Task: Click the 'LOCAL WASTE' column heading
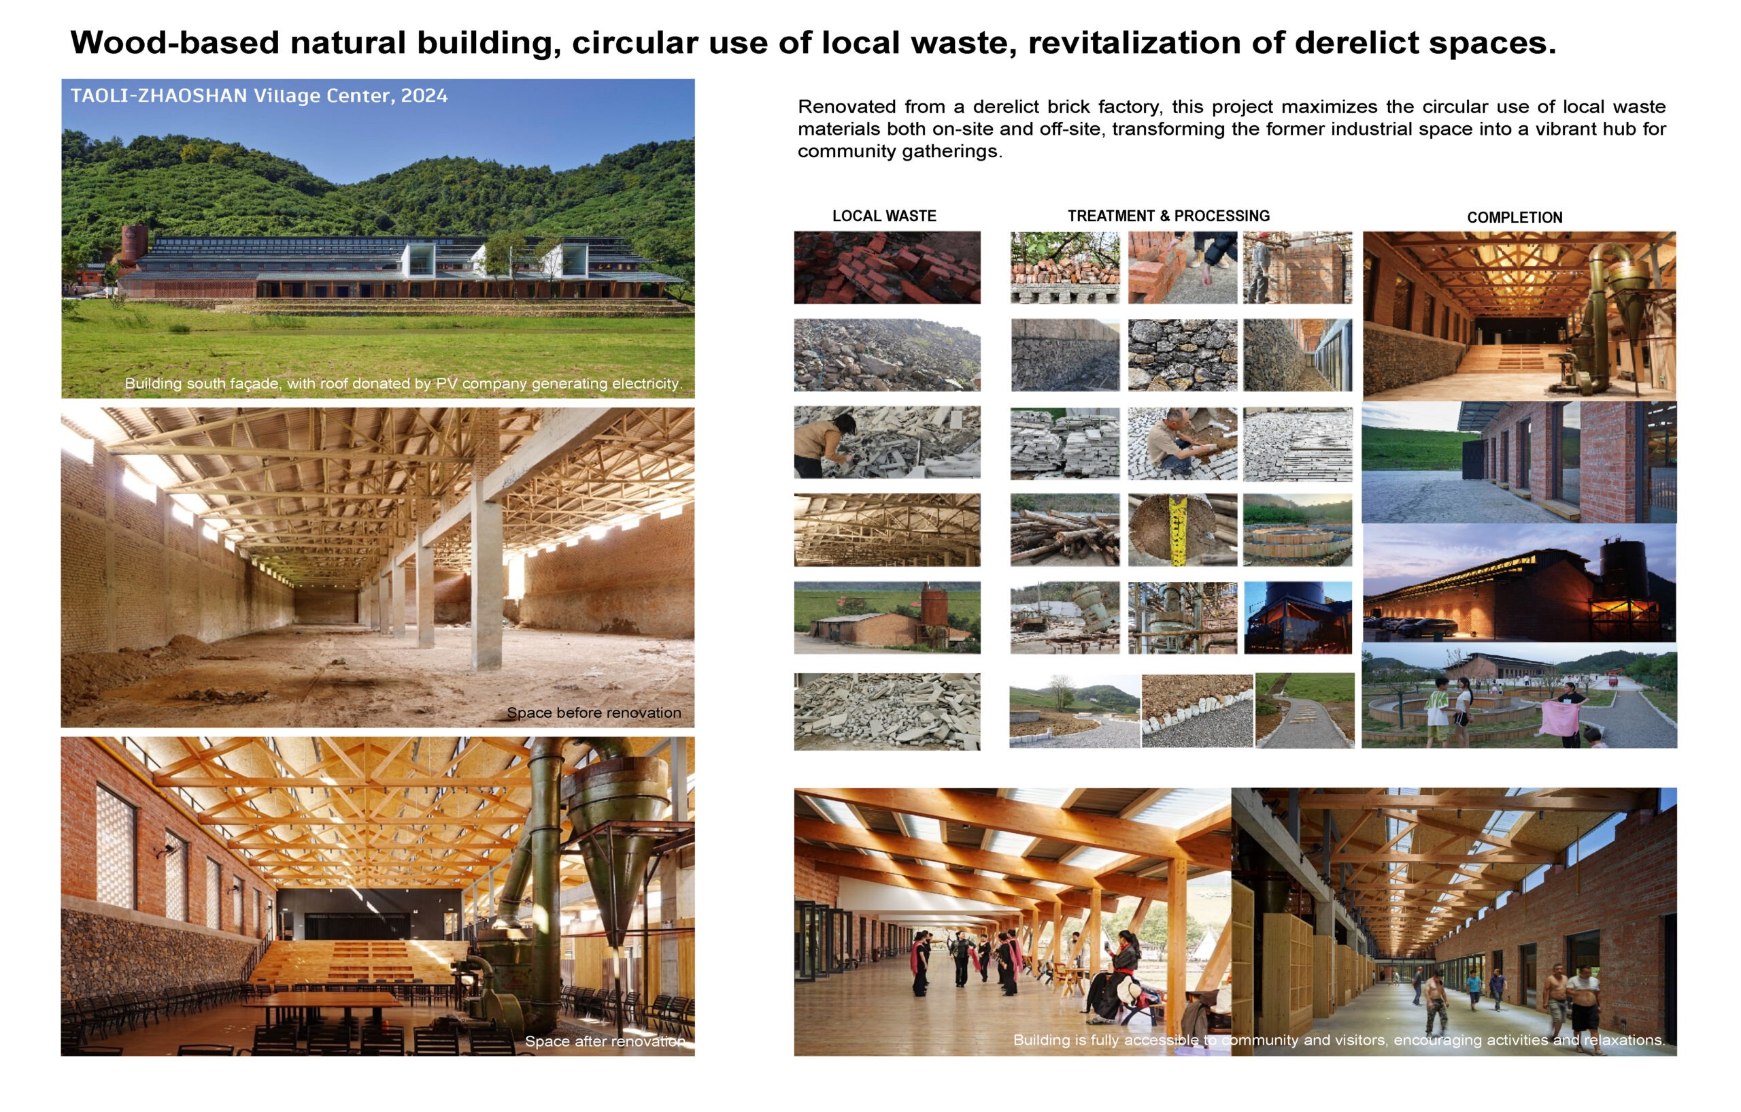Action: pyautogui.click(x=883, y=216)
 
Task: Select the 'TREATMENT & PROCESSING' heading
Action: pyautogui.click(x=1168, y=216)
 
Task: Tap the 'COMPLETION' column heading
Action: pyautogui.click(x=1515, y=217)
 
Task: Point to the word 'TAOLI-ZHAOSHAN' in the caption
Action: pyautogui.click(x=159, y=95)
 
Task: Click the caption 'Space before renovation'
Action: pyautogui.click(x=594, y=713)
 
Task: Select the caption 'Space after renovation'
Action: pyautogui.click(x=605, y=1041)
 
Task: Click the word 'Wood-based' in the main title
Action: pyautogui.click(x=174, y=43)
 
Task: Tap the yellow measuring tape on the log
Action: pyautogui.click(x=1178, y=532)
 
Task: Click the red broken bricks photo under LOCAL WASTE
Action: pyautogui.click(x=887, y=267)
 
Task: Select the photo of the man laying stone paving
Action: pyautogui.click(x=1182, y=444)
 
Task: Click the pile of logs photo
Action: pyautogui.click(x=1065, y=529)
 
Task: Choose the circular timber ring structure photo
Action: pyautogui.click(x=1298, y=529)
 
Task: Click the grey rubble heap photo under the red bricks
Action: pyautogui.click(x=887, y=355)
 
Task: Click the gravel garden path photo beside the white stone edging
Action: pyautogui.click(x=1305, y=710)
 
